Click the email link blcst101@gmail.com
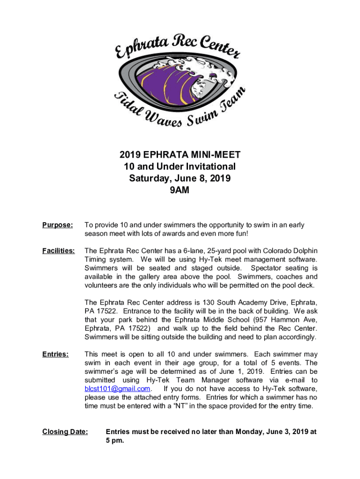(117, 389)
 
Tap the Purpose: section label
(58, 225)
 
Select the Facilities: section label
(58, 251)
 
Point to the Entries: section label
(56, 354)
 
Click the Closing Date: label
(65, 432)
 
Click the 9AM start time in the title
(180, 190)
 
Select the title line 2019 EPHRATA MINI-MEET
(180, 155)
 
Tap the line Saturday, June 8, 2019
(180, 178)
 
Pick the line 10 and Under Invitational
(180, 167)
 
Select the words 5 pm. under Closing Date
(115, 441)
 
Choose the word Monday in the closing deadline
(250, 432)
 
